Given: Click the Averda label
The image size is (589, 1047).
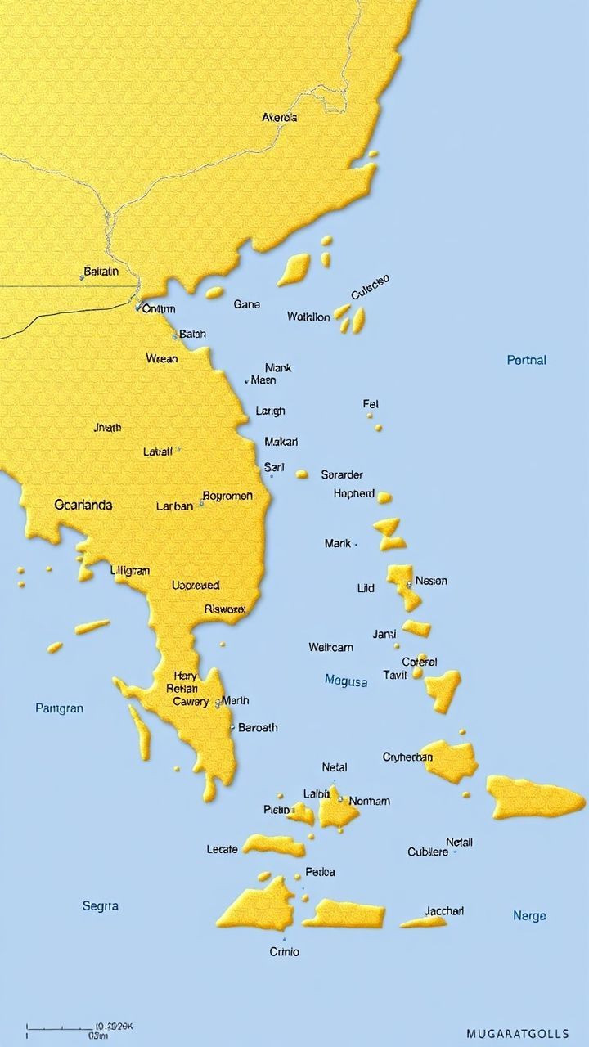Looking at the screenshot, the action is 279,118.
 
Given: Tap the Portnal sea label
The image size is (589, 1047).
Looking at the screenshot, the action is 526,360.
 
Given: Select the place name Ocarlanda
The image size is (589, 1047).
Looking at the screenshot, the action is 83,505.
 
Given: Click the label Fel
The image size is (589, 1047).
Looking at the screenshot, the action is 371,404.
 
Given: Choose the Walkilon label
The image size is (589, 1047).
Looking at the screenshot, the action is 308,317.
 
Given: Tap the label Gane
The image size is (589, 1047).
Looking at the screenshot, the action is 246,304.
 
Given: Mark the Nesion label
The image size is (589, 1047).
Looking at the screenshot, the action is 431,581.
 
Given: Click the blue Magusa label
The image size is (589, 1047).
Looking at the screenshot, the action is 346,680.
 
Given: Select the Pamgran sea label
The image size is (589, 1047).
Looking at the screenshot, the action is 59,708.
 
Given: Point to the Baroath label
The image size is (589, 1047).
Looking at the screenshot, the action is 257,727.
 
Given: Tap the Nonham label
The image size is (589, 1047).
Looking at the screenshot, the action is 369,802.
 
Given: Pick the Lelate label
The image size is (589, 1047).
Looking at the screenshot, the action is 222,850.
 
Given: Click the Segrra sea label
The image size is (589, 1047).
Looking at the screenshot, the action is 101,905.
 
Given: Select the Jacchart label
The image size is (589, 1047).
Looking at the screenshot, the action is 444,911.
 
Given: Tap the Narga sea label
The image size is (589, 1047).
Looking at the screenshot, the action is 529,916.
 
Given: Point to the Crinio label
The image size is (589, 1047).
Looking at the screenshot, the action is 284,952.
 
